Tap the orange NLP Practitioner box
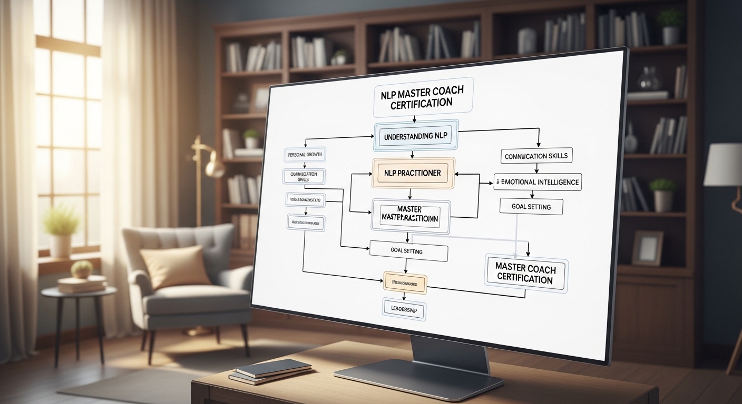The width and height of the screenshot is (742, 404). (413, 173)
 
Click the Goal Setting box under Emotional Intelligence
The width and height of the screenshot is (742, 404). (531, 207)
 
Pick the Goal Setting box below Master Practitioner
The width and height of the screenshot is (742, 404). (408, 251)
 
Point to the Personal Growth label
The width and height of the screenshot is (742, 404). (305, 155)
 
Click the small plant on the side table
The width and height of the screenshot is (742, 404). (82, 269)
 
